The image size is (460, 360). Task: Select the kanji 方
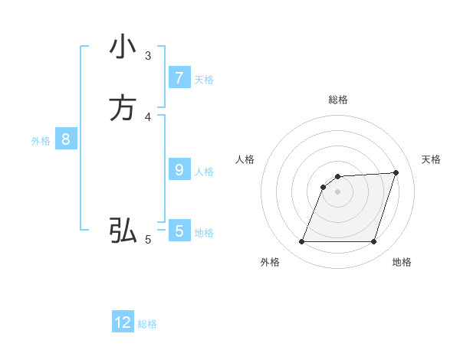click(x=122, y=108)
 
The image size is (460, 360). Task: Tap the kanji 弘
click(x=122, y=229)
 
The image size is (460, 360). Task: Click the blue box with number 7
click(x=179, y=77)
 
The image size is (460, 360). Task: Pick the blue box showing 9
click(x=179, y=170)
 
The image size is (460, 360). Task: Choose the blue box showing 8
click(x=66, y=139)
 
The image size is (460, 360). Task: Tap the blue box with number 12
click(x=123, y=322)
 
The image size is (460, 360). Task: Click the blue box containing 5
click(x=179, y=231)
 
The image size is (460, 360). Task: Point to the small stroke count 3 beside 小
click(x=148, y=55)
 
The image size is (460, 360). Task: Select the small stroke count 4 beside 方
click(x=148, y=117)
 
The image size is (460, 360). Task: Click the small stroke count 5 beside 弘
click(x=148, y=240)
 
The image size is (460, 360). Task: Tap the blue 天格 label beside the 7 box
click(x=204, y=79)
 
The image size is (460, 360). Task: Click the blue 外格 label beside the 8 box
click(x=41, y=141)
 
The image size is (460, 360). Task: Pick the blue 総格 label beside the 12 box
click(x=147, y=324)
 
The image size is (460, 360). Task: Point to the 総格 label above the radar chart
click(x=338, y=100)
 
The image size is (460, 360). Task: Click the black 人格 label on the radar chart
click(x=245, y=159)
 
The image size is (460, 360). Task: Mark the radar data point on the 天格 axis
click(x=396, y=173)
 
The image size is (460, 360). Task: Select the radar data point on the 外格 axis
click(x=302, y=242)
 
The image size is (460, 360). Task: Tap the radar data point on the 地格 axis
click(x=373, y=242)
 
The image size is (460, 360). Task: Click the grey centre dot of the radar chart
click(x=338, y=192)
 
